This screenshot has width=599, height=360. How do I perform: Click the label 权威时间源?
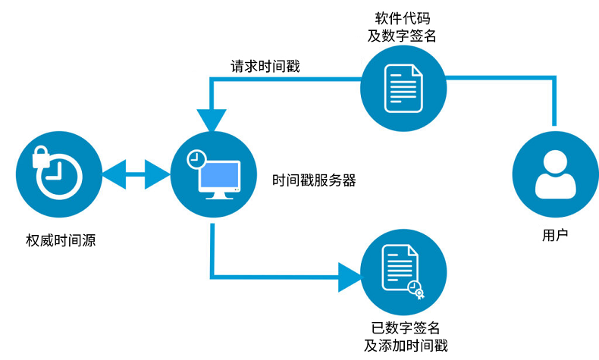[60, 242]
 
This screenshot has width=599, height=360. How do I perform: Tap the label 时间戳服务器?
[314, 181]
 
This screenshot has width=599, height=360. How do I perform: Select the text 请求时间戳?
[265, 66]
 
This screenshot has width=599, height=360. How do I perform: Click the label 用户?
[555, 235]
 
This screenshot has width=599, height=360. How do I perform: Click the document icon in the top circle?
[403, 87]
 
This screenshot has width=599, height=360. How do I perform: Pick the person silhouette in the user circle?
[555, 175]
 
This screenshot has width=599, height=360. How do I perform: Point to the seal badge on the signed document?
[416, 289]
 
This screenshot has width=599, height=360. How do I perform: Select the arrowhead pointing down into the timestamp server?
[212, 120]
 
